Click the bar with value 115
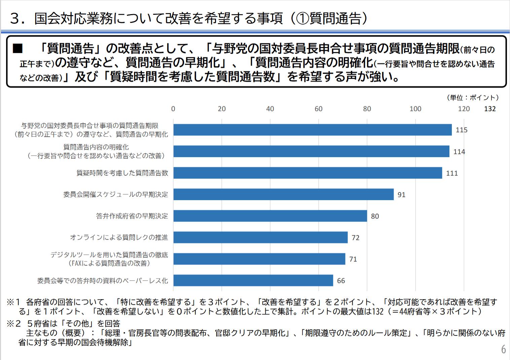point(313,130)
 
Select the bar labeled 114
point(311,151)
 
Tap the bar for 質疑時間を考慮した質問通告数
point(307,173)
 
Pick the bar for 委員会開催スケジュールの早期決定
point(283,194)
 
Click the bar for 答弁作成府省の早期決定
point(270,216)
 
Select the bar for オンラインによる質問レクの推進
point(260,238)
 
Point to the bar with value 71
point(259,259)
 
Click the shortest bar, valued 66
point(253,281)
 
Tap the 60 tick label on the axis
point(319,109)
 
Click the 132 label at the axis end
point(490,109)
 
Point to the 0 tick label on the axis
point(173,109)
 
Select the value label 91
point(401,195)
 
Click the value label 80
point(375,216)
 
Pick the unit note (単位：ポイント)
point(473,98)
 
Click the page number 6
point(503,349)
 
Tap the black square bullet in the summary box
point(17,49)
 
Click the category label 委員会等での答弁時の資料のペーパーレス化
point(103,281)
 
